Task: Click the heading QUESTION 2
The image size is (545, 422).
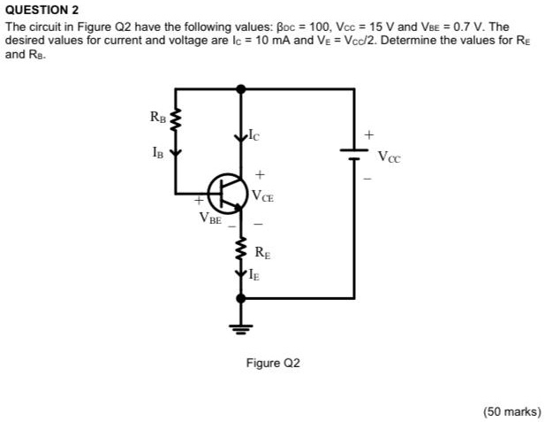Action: point(42,11)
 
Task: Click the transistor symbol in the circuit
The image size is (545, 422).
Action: point(225,193)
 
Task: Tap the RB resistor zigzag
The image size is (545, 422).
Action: point(176,118)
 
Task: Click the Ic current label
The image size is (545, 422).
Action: point(254,135)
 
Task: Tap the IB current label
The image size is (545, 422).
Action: point(157,151)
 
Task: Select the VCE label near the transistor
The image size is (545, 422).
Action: point(262,196)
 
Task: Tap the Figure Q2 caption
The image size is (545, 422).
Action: point(274,363)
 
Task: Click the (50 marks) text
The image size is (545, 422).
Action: point(511,410)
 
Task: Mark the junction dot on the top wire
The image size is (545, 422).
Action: point(240,88)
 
